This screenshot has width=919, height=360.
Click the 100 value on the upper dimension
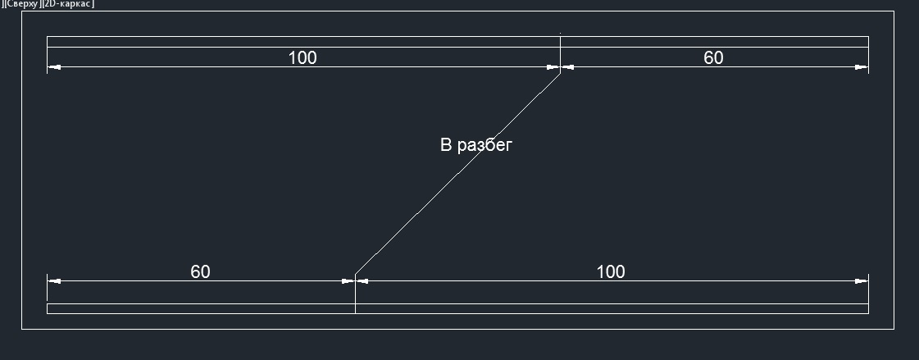coord(303,58)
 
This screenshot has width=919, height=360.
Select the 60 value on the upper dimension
coord(713,58)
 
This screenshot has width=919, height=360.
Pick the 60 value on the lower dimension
coord(201,272)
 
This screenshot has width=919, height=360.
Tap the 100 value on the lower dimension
coord(611,272)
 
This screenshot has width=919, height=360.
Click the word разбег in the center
coord(485,145)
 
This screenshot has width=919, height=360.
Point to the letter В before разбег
coord(446,145)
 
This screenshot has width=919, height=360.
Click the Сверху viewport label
coord(21,3)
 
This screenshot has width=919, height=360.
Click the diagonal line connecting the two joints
coord(457,174)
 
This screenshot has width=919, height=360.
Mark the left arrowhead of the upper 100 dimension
coord(54,67)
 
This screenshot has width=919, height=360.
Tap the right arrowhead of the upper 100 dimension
coord(553,67)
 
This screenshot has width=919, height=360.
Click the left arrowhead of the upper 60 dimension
coord(568,67)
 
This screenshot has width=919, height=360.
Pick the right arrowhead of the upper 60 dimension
coord(861,67)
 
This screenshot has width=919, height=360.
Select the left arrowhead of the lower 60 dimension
coord(54,280)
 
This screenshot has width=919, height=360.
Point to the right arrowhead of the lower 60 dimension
coord(348,280)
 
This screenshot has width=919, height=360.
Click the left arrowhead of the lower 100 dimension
coord(362,280)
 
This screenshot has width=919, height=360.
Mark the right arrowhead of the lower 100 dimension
coord(861,280)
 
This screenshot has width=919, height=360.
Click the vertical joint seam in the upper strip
coord(560,42)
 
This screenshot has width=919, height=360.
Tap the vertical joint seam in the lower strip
coord(355,308)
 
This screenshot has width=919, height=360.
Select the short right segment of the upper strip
coord(714,42)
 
